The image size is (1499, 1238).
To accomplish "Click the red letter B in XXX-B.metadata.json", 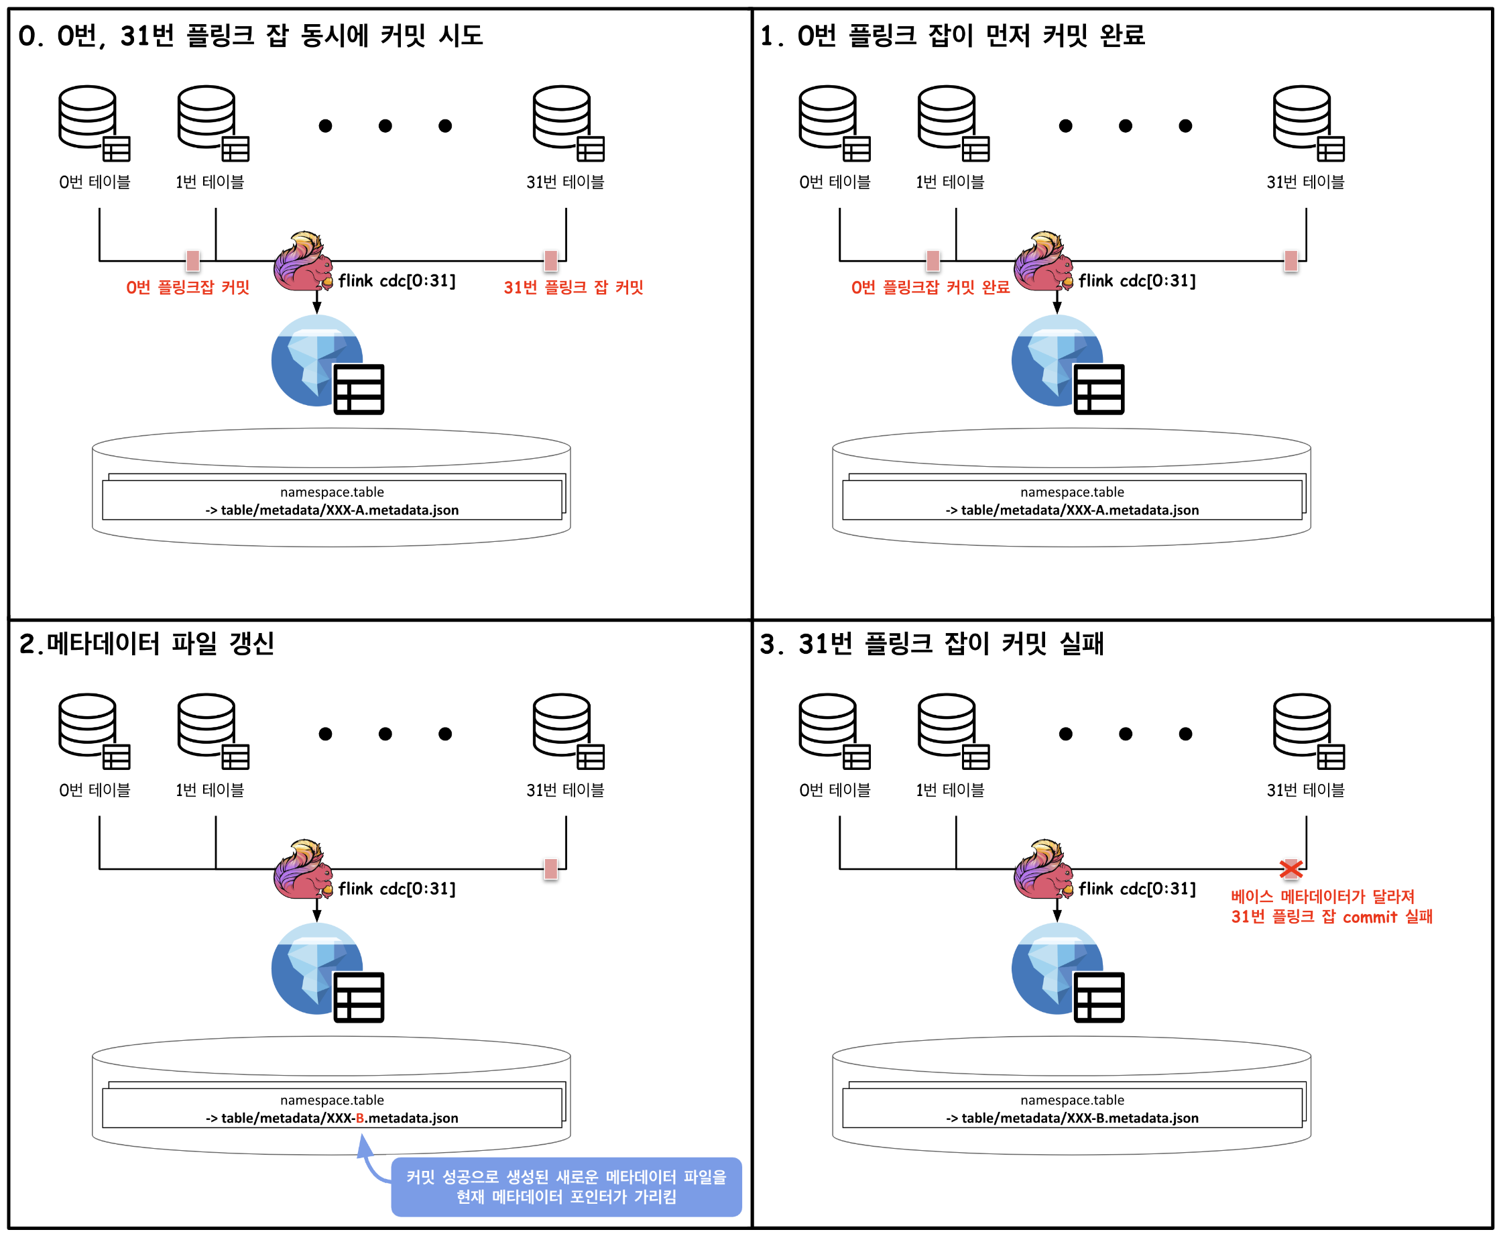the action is point(360,1117).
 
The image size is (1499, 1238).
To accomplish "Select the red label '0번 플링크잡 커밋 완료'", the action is point(931,288).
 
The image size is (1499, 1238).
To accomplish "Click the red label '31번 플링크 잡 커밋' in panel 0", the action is point(574,288).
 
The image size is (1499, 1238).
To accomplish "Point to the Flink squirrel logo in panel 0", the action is point(304,262).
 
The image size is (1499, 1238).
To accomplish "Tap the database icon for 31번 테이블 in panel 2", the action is point(568,732).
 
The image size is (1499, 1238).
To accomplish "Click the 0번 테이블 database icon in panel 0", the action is point(94,123).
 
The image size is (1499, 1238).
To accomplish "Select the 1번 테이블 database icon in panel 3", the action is point(953,732).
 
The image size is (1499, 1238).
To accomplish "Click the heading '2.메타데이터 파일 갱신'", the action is point(147,643).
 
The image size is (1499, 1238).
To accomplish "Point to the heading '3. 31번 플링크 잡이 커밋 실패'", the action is point(932,643).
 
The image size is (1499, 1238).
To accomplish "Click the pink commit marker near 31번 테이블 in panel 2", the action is point(550,868).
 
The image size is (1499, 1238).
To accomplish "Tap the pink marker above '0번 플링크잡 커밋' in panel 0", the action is point(192,261).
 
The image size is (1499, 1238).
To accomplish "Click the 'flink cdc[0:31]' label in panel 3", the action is point(1137,889).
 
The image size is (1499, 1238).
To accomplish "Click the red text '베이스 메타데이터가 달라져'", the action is point(1323,897).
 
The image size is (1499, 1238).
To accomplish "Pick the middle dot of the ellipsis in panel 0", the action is point(385,126).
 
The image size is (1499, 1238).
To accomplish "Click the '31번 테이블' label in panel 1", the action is point(1305,182).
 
